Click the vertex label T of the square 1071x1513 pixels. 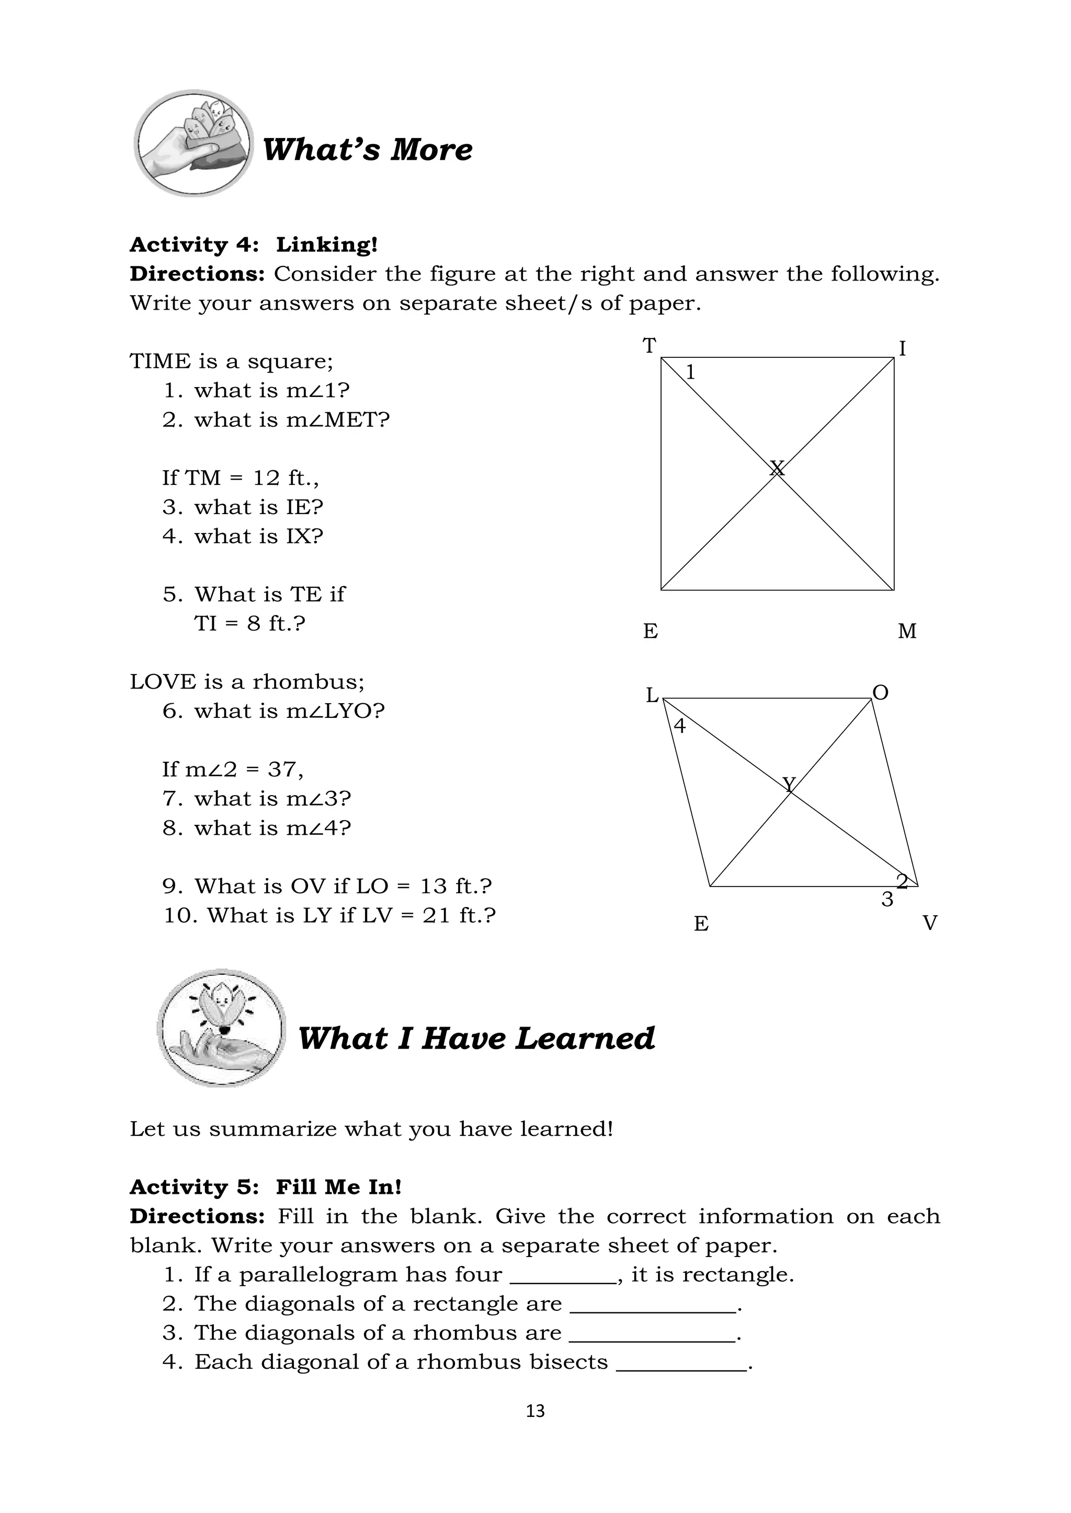click(650, 345)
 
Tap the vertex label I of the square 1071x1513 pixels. click(902, 348)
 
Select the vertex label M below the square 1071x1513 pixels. click(907, 631)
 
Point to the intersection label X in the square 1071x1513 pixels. click(777, 468)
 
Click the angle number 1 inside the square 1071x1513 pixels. click(690, 373)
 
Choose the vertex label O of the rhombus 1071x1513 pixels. click(881, 693)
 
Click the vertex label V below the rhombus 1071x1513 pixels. click(929, 923)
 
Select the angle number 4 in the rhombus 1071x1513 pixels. click(679, 726)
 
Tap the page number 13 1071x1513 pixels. click(535, 1411)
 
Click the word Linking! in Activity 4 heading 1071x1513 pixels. click(327, 245)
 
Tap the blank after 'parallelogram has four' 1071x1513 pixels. click(563, 1275)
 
